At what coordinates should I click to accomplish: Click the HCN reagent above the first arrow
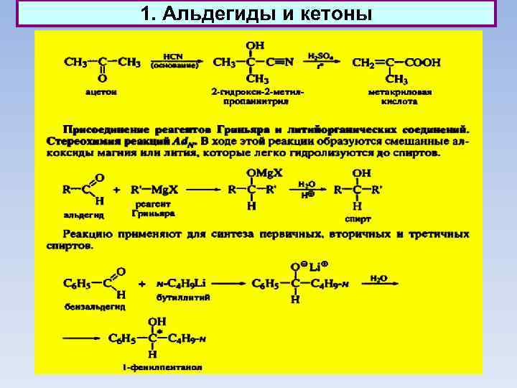(172, 56)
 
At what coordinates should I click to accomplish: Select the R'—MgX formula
(155, 190)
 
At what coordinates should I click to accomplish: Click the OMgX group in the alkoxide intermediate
(264, 173)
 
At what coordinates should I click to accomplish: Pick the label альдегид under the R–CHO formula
(84, 215)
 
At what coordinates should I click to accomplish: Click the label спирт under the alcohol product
(358, 219)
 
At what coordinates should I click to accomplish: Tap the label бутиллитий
(183, 297)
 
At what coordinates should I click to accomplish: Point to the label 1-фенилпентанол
(162, 367)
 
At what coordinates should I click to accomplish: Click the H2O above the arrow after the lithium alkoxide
(378, 277)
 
